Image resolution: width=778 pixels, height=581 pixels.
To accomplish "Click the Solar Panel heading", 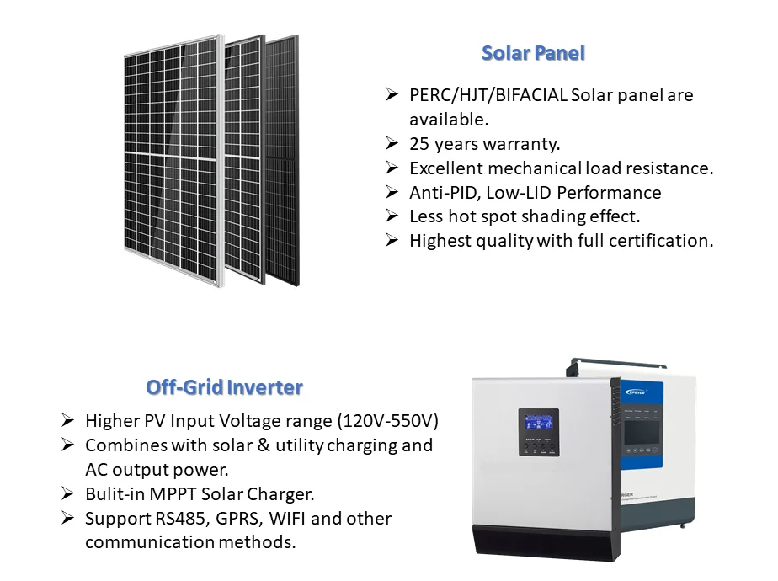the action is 533,53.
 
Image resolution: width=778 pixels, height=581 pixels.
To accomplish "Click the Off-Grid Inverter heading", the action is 224,387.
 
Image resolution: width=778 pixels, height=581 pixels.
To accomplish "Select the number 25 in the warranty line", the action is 419,144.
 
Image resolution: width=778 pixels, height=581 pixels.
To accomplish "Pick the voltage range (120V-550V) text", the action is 388,421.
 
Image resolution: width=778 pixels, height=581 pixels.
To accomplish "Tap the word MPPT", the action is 173,494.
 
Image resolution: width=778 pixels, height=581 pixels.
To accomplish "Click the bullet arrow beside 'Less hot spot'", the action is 392,216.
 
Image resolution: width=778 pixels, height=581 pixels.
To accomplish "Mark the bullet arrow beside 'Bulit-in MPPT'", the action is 68,493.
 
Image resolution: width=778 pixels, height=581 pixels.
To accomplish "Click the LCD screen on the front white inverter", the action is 538,422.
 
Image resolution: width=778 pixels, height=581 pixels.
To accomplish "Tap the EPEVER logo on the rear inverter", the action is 636,392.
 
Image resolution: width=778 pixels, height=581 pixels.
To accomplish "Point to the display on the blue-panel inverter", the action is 642,432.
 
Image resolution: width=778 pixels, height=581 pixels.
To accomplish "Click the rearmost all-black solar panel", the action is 283,162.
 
